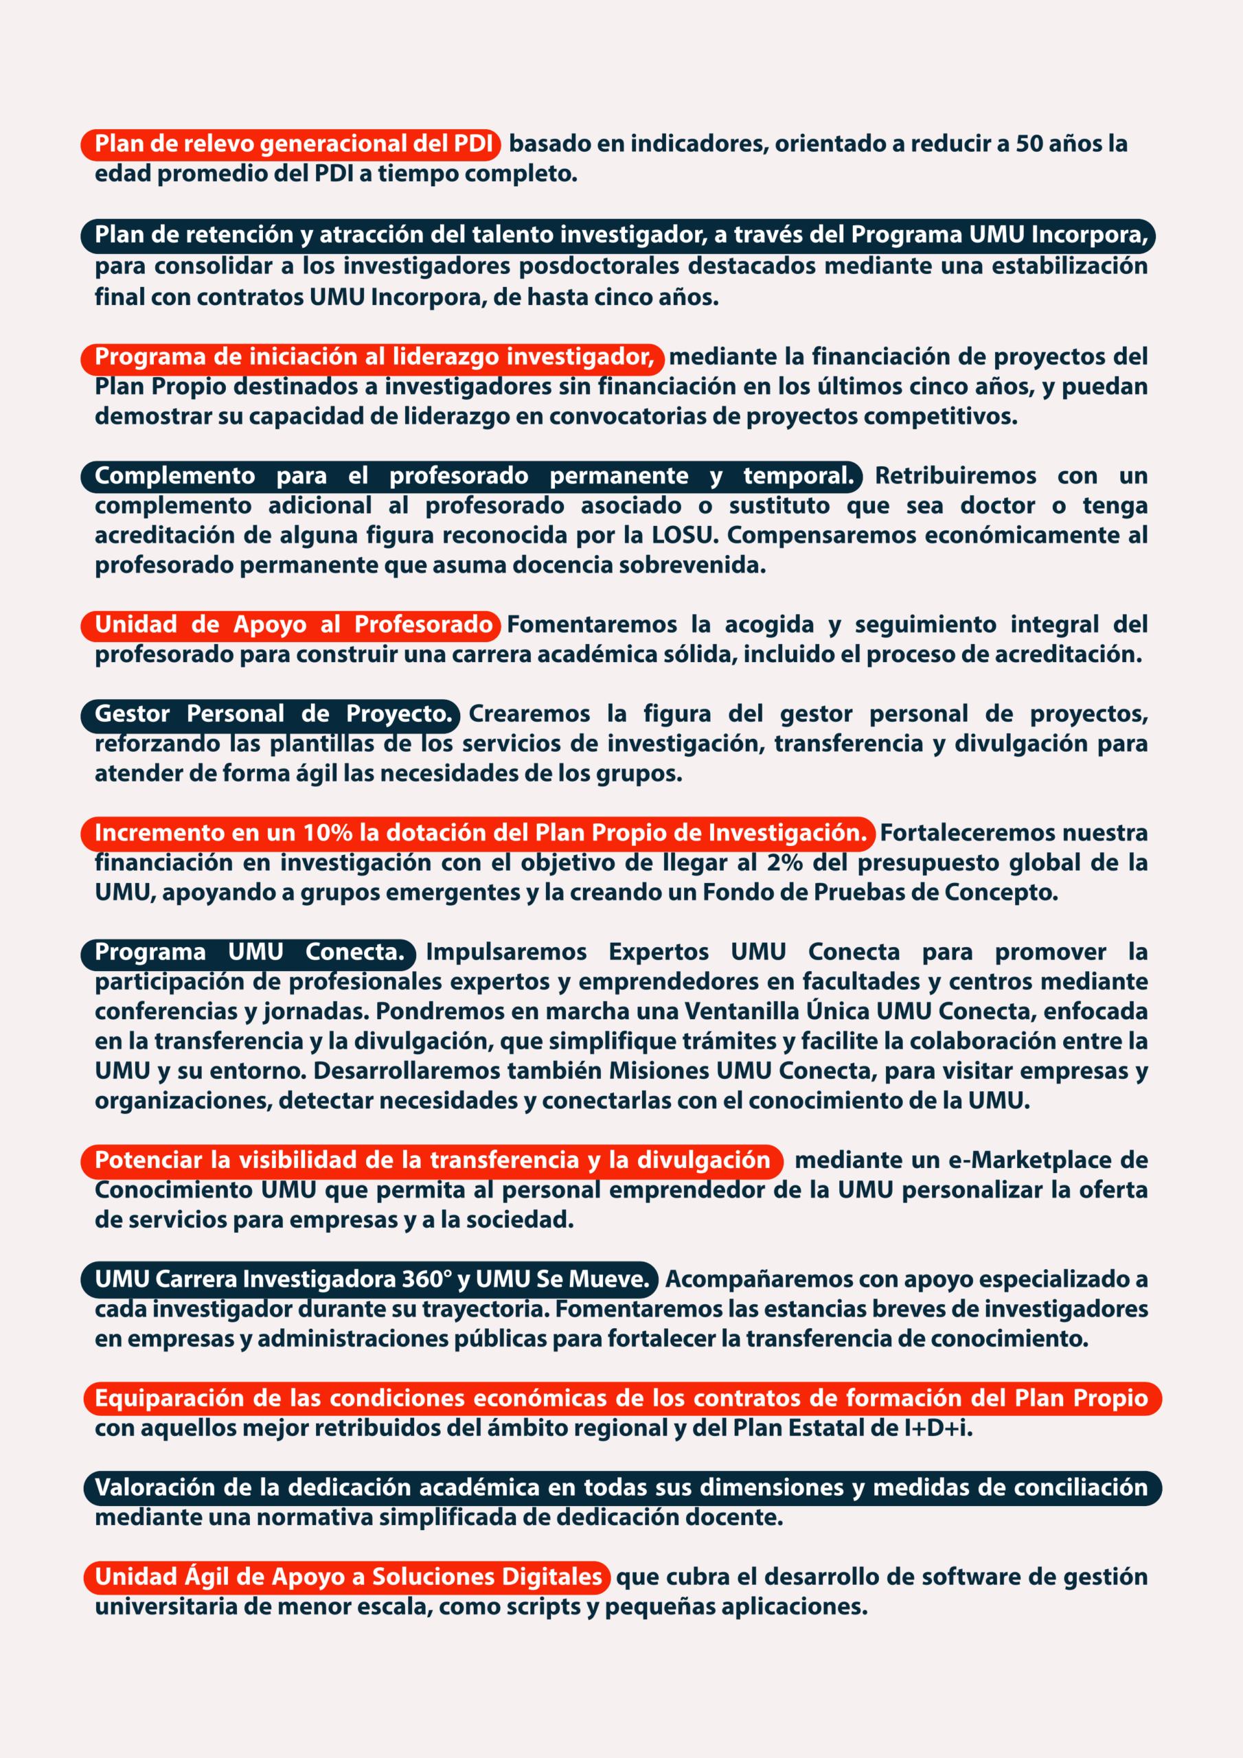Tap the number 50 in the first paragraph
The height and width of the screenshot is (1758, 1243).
tap(1029, 144)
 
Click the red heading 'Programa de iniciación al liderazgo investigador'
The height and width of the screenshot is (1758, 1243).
tap(373, 357)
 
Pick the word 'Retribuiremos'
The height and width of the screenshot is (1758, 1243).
tap(955, 475)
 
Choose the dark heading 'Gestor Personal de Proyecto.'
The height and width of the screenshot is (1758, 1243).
tap(272, 714)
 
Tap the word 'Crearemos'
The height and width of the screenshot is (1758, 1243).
tap(529, 714)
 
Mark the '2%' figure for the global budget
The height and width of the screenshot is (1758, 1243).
tap(784, 863)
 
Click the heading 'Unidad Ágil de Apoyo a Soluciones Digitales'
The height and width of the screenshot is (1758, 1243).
tap(347, 1577)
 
